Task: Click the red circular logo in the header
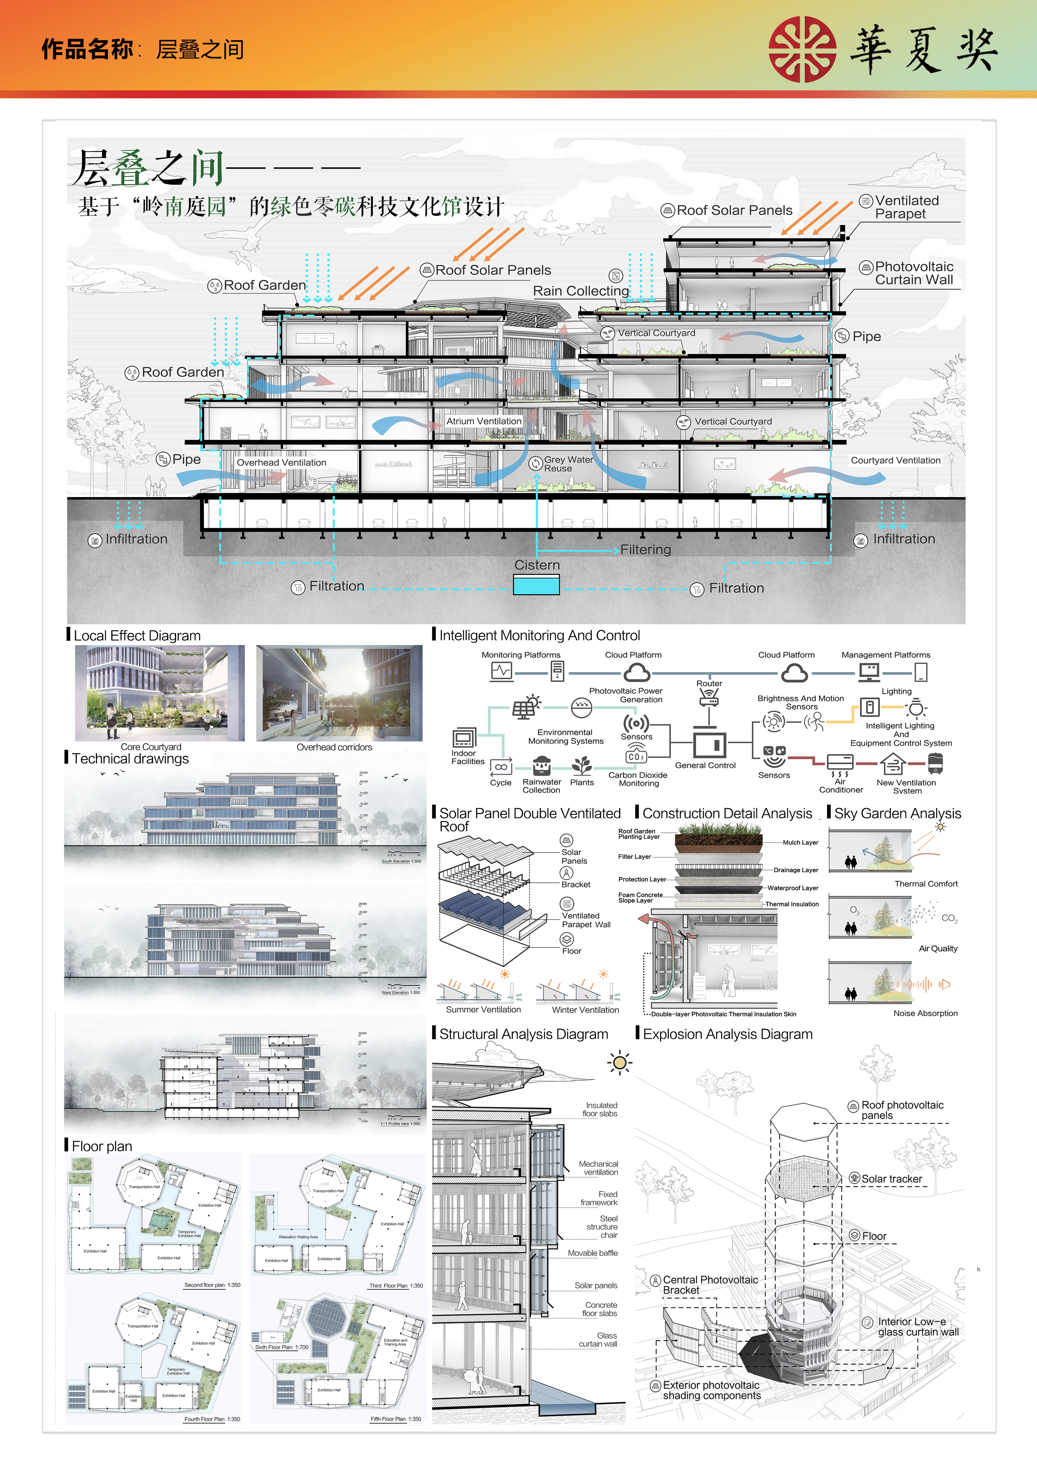click(x=802, y=49)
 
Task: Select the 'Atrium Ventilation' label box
click(x=483, y=422)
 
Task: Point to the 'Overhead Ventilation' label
click(x=282, y=462)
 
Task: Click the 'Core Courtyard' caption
click(x=151, y=747)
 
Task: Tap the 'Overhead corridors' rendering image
click(x=339, y=693)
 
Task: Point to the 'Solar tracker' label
click(x=891, y=1179)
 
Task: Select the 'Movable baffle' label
click(x=593, y=1253)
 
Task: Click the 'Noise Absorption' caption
click(x=925, y=1013)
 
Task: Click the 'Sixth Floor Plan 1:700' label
click(x=282, y=1347)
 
